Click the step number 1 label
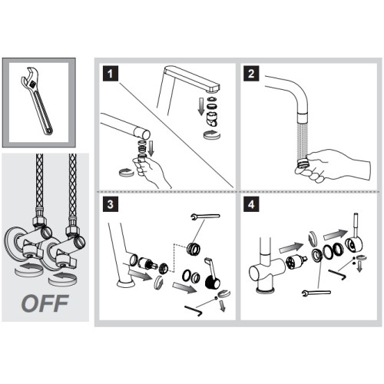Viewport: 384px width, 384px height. (x=111, y=74)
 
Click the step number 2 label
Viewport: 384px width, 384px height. (x=251, y=74)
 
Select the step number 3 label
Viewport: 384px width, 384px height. (x=111, y=204)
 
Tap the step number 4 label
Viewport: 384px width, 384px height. (x=251, y=204)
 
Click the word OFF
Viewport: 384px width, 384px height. (x=45, y=303)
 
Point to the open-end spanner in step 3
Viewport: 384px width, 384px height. (x=205, y=217)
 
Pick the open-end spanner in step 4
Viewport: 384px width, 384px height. (x=316, y=293)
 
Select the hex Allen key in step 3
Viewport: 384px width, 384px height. (x=194, y=310)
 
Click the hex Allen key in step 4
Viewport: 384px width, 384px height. (x=337, y=274)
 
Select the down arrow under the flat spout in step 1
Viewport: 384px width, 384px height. (x=201, y=106)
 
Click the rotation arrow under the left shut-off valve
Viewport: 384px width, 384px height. (x=28, y=270)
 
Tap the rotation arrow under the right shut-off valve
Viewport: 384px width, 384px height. (x=62, y=279)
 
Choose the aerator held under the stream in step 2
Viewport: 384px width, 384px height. (x=303, y=163)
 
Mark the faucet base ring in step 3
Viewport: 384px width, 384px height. (x=126, y=283)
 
